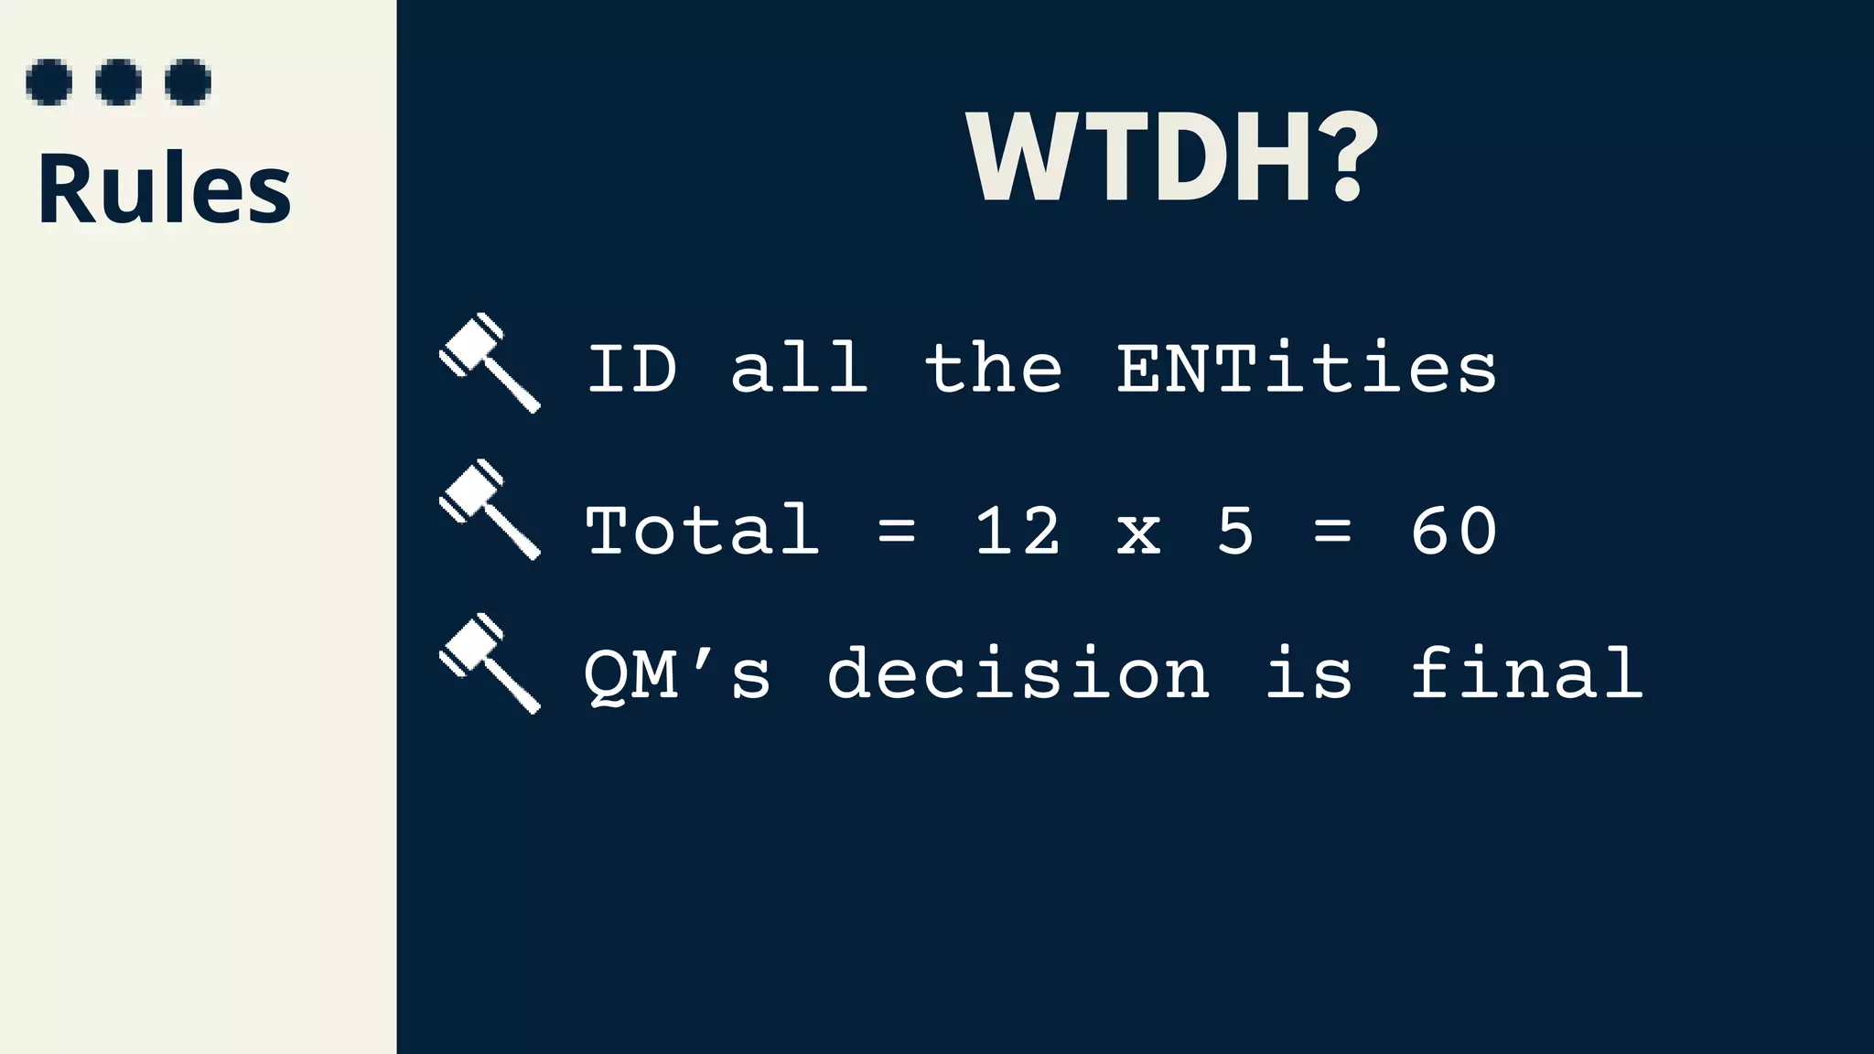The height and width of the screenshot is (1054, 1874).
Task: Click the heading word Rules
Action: (x=164, y=188)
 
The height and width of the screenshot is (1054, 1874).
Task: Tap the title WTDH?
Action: (x=1171, y=157)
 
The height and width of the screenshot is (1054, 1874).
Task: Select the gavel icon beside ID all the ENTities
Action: (x=490, y=363)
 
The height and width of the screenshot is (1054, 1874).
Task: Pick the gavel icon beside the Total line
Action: (x=490, y=510)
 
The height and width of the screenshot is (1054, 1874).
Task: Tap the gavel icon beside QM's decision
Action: (x=490, y=663)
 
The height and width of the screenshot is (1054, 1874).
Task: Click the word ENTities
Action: (x=1307, y=369)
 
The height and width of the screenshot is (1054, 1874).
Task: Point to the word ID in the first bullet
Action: (x=631, y=369)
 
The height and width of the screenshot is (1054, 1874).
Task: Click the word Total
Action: (x=702, y=531)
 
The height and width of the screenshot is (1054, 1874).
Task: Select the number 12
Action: (x=1018, y=531)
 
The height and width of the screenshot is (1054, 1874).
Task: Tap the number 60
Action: (x=1453, y=531)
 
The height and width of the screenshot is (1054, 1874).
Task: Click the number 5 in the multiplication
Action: (x=1235, y=531)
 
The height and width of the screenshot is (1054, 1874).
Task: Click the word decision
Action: (x=1018, y=674)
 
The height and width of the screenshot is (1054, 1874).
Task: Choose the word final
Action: (x=1526, y=674)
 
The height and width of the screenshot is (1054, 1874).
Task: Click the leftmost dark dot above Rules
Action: (x=49, y=82)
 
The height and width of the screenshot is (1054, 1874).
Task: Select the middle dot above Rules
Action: (x=119, y=82)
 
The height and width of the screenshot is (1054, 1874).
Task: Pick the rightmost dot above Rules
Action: (x=188, y=82)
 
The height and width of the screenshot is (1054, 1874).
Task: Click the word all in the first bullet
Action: (x=799, y=369)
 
